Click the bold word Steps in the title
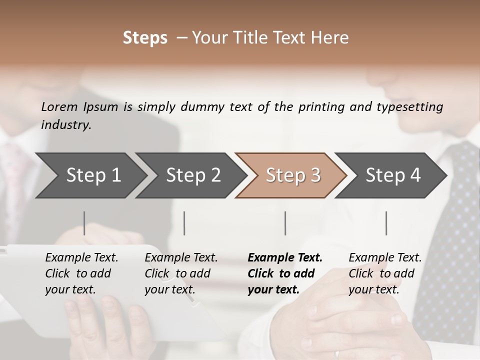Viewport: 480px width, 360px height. click(x=145, y=38)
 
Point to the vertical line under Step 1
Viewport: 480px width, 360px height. click(x=84, y=223)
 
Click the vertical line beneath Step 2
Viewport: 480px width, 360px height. click(x=184, y=223)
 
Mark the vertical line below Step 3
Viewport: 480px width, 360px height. click(x=285, y=223)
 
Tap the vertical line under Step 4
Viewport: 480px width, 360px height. click(x=386, y=223)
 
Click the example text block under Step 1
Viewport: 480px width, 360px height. click(x=81, y=273)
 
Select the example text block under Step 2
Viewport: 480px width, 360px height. click(x=180, y=273)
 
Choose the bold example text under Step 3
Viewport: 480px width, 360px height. click(x=284, y=273)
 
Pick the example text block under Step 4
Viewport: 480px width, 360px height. click(x=384, y=273)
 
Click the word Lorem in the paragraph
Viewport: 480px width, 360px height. click(x=59, y=107)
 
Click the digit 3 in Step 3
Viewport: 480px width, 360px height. click(x=315, y=175)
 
